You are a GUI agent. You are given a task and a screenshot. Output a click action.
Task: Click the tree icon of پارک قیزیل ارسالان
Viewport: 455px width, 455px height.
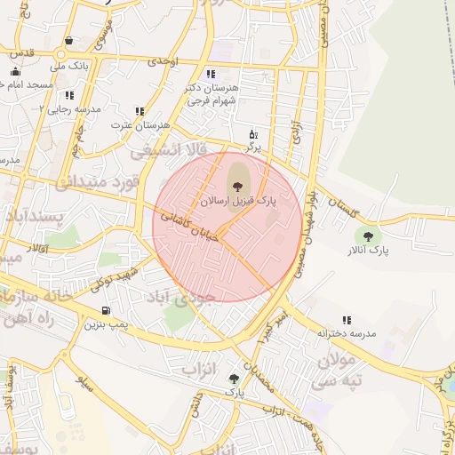(x=237, y=186)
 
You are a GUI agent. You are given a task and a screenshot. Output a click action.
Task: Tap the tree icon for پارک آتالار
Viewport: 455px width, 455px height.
(x=368, y=235)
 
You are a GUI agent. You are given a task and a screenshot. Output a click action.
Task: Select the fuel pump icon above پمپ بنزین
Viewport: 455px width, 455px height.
(x=107, y=310)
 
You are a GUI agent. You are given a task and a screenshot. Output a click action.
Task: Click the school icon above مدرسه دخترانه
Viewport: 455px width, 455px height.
(x=346, y=319)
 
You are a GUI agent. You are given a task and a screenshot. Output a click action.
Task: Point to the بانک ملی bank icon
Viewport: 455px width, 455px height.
(x=69, y=41)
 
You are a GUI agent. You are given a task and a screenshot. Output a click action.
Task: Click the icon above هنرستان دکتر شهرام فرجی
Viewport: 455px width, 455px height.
(x=210, y=74)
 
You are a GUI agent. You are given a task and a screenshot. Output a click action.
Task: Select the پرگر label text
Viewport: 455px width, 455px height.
(x=253, y=148)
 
